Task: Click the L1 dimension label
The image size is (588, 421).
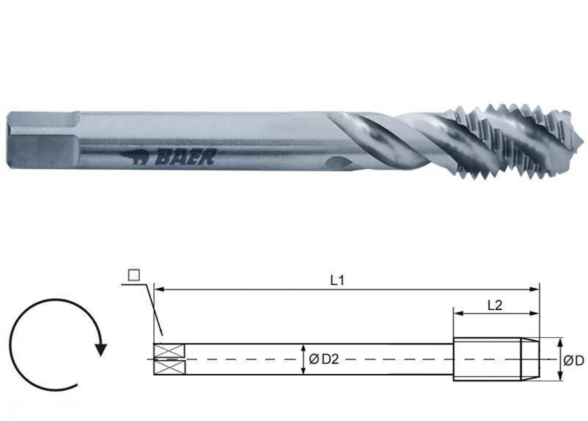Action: point(337,281)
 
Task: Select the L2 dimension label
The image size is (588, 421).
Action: point(495,305)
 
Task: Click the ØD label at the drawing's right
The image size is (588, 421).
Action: point(573,361)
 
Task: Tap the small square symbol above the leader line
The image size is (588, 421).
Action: point(134,276)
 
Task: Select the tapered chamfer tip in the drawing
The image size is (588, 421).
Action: point(530,359)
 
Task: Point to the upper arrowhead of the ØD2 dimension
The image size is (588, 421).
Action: point(303,348)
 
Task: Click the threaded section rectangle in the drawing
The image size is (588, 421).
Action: point(487,359)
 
